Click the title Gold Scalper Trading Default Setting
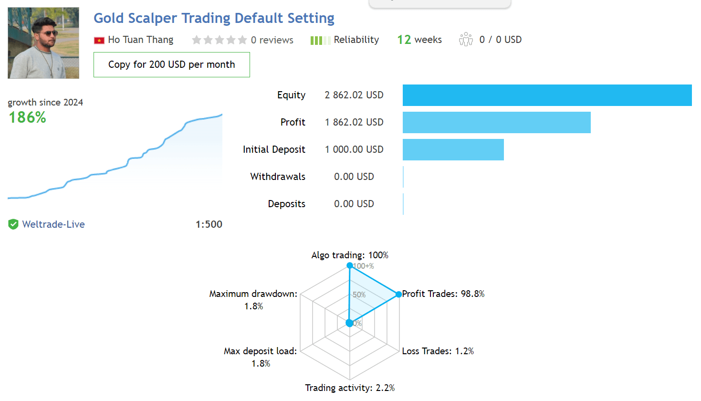coord(214,18)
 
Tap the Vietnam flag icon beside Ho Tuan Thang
coord(99,41)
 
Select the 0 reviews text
coord(272,40)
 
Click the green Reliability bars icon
coord(320,41)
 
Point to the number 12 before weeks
coord(404,40)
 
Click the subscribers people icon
coord(466,40)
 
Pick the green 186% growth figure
coord(27,118)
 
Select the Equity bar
coord(547,95)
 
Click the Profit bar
coord(497,122)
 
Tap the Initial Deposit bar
coord(453,149)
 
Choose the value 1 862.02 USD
coord(354,122)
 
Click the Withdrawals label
coord(278,177)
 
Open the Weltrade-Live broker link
coord(53,224)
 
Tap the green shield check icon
coord(13,224)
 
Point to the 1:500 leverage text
coord(209,224)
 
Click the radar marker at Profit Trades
coord(398,294)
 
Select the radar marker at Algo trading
coord(350,266)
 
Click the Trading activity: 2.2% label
coord(350,388)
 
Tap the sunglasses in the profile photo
coord(48,33)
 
